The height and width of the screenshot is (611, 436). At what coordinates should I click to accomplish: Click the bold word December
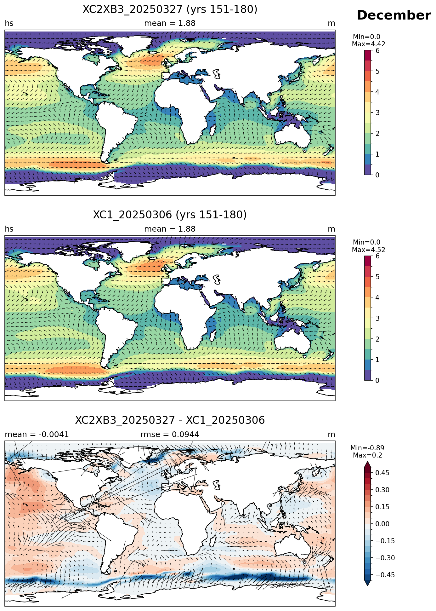(394, 15)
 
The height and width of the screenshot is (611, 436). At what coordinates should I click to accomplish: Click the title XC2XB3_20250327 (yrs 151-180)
(170, 9)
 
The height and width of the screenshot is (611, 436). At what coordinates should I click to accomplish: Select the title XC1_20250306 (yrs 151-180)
(170, 215)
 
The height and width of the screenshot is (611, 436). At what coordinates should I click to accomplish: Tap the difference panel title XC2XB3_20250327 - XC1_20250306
(170, 420)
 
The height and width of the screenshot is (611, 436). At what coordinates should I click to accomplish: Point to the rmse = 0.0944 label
(170, 435)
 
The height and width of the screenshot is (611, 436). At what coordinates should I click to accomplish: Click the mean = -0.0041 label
(37, 435)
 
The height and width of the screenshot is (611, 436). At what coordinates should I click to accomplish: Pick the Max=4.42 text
(368, 44)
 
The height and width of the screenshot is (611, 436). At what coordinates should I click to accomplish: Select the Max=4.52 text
(368, 250)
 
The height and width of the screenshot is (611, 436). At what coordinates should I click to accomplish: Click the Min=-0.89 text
(367, 448)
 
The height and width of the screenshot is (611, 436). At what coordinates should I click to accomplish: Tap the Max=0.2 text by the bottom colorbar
(367, 455)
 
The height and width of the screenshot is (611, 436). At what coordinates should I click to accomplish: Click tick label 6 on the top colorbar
(377, 51)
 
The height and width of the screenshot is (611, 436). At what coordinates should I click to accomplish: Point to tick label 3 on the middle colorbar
(377, 319)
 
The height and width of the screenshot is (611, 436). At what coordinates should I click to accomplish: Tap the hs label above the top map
(9, 23)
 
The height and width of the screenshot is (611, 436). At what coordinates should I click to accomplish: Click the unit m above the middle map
(331, 229)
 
